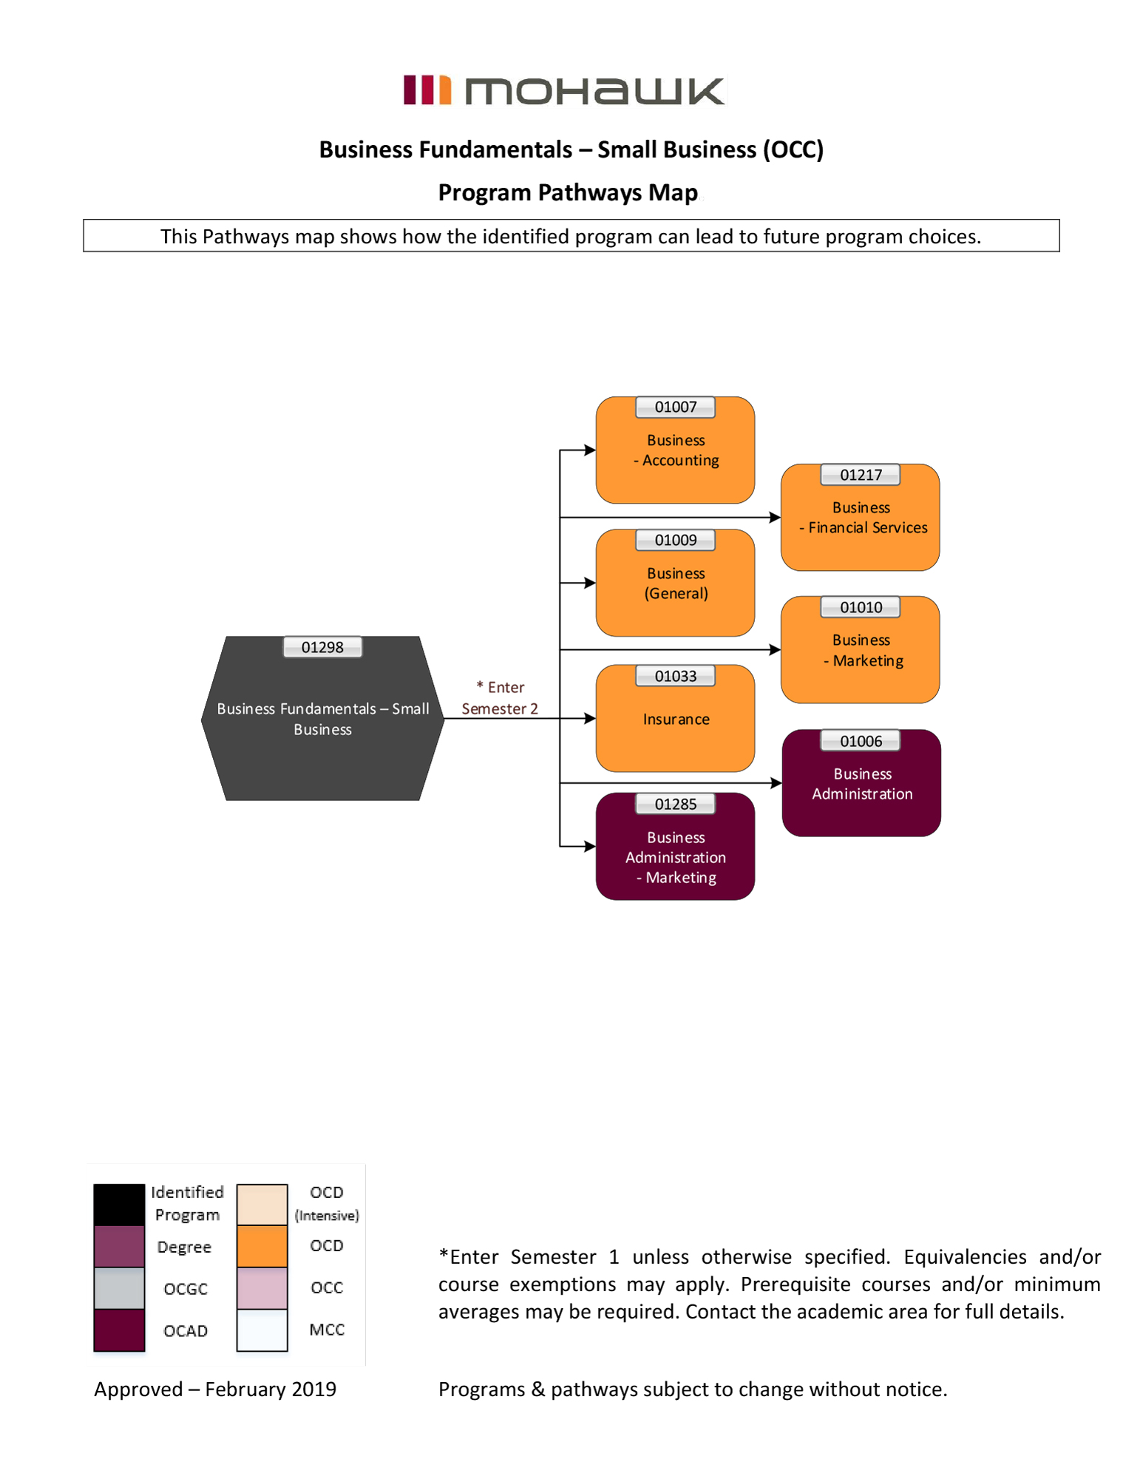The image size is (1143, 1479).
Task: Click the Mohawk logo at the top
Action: (x=564, y=90)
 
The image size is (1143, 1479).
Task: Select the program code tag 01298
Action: (x=322, y=647)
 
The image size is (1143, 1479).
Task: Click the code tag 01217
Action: (x=860, y=475)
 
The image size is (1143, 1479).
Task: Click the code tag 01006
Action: (x=860, y=741)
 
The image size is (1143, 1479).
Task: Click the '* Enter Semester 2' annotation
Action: (x=500, y=697)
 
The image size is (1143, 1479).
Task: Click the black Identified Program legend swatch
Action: (x=119, y=1204)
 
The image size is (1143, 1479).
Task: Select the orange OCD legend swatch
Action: (x=262, y=1246)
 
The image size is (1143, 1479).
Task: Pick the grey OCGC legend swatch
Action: (x=119, y=1287)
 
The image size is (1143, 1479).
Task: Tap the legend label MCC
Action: (x=327, y=1330)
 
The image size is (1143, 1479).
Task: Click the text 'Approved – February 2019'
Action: (x=215, y=1389)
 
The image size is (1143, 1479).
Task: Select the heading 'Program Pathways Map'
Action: (x=567, y=192)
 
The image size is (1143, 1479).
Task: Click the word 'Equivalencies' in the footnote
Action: (x=964, y=1257)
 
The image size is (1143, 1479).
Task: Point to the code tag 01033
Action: (x=675, y=676)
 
